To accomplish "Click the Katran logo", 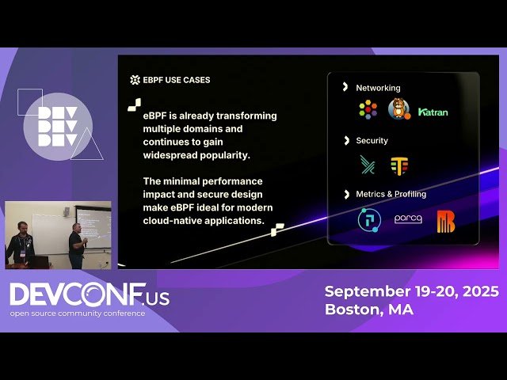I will pyautogui.click(x=433, y=112).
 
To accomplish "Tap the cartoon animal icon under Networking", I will pyautogui.click(x=398, y=110).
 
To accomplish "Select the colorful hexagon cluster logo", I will pyautogui.click(x=368, y=110).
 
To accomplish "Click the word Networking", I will pyautogui.click(x=378, y=88).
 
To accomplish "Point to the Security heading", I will pyautogui.click(x=372, y=140).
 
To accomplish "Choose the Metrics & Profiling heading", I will pyautogui.click(x=391, y=194).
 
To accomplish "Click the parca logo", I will pyautogui.click(x=408, y=219).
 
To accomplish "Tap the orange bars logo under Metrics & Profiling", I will pyautogui.click(x=445, y=222).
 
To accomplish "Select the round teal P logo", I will pyautogui.click(x=369, y=220).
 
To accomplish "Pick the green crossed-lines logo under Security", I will pyautogui.click(x=368, y=165).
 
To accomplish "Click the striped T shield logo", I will pyautogui.click(x=398, y=165).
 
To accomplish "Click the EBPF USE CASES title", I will pyautogui.click(x=176, y=80).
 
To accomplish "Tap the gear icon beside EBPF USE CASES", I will pyautogui.click(x=135, y=80).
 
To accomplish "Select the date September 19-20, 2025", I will pyautogui.click(x=411, y=291).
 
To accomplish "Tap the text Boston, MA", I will pyautogui.click(x=369, y=310).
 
